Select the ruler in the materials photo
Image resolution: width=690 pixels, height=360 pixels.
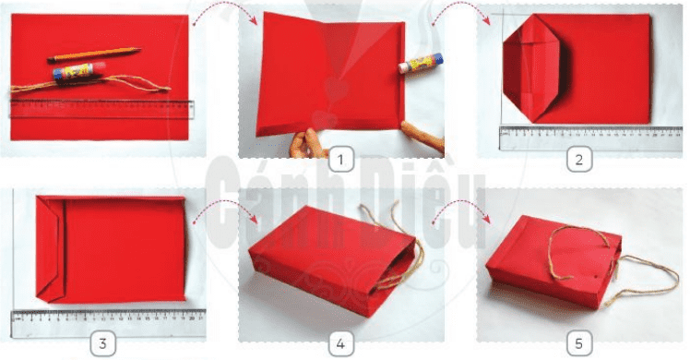[101, 110]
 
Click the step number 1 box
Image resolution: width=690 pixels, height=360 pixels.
[341, 161]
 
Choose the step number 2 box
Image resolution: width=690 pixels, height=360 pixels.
[578, 161]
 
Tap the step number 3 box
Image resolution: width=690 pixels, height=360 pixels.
[103, 344]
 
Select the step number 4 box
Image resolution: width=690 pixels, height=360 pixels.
[341, 344]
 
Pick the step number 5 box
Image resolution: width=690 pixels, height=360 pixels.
[578, 344]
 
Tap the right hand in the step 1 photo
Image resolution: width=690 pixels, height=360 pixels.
[423, 138]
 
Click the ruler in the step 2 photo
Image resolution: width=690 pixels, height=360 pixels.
[577, 137]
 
